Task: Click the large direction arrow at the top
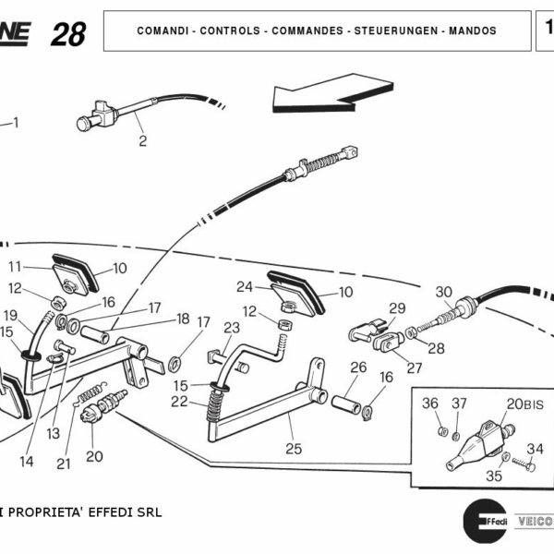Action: click(332, 91)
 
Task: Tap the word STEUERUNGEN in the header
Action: click(391, 30)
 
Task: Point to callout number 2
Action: click(142, 141)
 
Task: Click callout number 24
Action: click(244, 286)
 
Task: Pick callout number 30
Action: click(443, 292)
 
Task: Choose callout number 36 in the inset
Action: click(430, 403)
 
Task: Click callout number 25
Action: click(293, 449)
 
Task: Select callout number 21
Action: click(63, 464)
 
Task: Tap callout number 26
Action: click(358, 367)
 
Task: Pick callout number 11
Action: click(15, 266)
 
